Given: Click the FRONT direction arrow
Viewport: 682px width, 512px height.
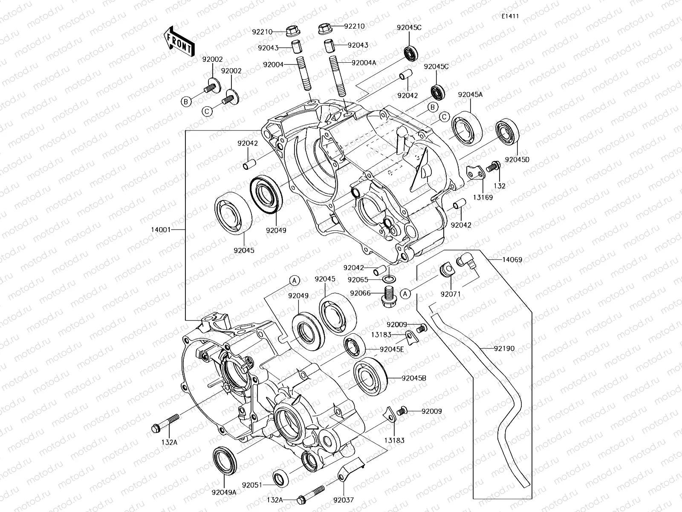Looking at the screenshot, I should tap(178, 41).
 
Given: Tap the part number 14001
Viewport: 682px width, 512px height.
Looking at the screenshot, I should tap(161, 230).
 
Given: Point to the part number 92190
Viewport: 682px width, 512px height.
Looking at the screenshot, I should tap(504, 349).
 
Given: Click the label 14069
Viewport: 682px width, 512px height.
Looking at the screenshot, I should tap(512, 259).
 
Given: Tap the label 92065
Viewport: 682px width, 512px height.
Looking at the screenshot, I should tap(358, 280).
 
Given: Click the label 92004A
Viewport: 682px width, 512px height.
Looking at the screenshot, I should tap(364, 63).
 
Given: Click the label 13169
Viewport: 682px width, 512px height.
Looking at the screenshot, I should tap(483, 198).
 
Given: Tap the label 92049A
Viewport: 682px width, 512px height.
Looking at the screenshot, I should tap(223, 492).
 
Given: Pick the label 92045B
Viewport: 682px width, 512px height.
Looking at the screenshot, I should tap(413, 378).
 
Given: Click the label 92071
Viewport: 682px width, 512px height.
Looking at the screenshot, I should tap(451, 294).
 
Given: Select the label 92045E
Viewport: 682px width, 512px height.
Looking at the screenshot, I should tap(392, 349).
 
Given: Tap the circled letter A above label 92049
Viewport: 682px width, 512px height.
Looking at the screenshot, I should tap(294, 280).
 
